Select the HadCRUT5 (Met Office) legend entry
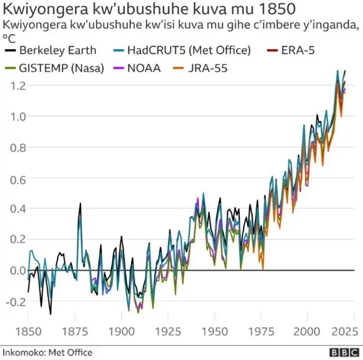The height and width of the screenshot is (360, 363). (x=188, y=50)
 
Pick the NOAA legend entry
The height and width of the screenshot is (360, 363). (x=144, y=69)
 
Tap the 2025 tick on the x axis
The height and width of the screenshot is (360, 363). (x=344, y=331)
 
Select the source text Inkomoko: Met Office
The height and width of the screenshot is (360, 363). (x=47, y=352)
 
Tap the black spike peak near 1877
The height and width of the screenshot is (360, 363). (x=80, y=204)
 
